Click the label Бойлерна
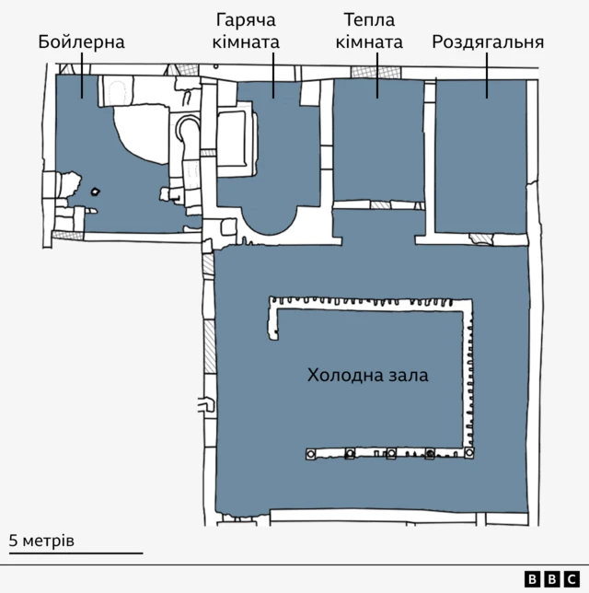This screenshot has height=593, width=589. click(x=81, y=42)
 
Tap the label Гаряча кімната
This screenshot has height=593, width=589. click(x=246, y=31)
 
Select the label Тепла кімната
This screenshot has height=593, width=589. click(x=369, y=31)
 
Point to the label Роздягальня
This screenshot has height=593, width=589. click(x=488, y=42)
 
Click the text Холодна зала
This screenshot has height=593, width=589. click(x=367, y=375)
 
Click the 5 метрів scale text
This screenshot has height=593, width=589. click(x=41, y=541)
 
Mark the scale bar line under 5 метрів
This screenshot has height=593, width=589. click(x=76, y=553)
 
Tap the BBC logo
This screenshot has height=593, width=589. click(x=552, y=579)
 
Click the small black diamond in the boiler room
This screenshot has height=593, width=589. click(x=96, y=192)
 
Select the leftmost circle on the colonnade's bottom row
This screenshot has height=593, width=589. click(x=311, y=453)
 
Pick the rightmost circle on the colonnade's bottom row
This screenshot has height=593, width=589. click(x=468, y=452)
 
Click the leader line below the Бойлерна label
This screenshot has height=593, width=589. click(x=82, y=76)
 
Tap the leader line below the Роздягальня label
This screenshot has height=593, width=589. click(x=487, y=76)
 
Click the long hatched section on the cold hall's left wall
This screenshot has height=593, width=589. click(x=209, y=347)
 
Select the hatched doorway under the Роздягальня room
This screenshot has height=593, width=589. click(x=481, y=239)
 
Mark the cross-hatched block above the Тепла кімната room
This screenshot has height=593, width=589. click(x=375, y=72)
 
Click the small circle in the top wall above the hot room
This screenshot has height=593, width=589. click(x=216, y=66)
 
